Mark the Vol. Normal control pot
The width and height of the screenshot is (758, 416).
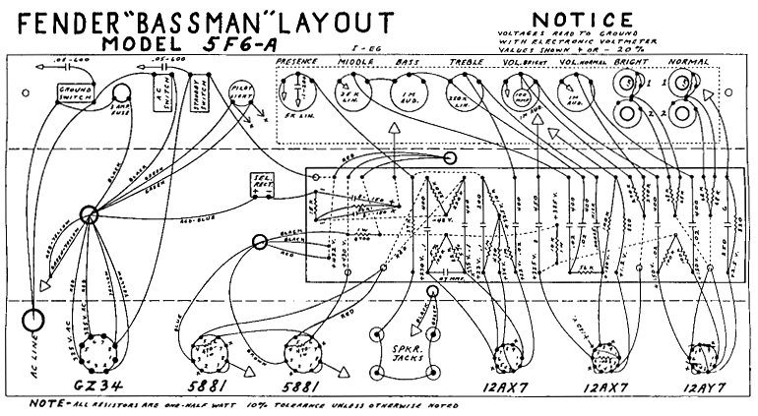(x=572, y=96)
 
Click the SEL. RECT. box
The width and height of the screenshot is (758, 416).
(x=259, y=184)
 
